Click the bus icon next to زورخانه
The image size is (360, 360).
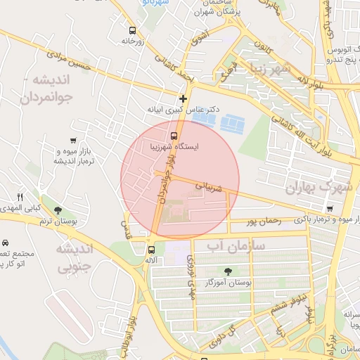(x=133, y=30)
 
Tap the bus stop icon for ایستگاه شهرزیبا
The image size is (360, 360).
(x=174, y=136)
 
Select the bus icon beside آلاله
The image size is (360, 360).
(x=150, y=249)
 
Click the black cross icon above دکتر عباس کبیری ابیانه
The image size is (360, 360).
(x=184, y=98)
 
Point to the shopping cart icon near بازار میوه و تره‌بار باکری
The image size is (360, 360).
(x=330, y=209)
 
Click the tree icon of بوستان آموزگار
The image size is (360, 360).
(x=228, y=271)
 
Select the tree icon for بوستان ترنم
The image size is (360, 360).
(x=58, y=210)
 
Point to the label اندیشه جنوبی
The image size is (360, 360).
(x=74, y=258)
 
